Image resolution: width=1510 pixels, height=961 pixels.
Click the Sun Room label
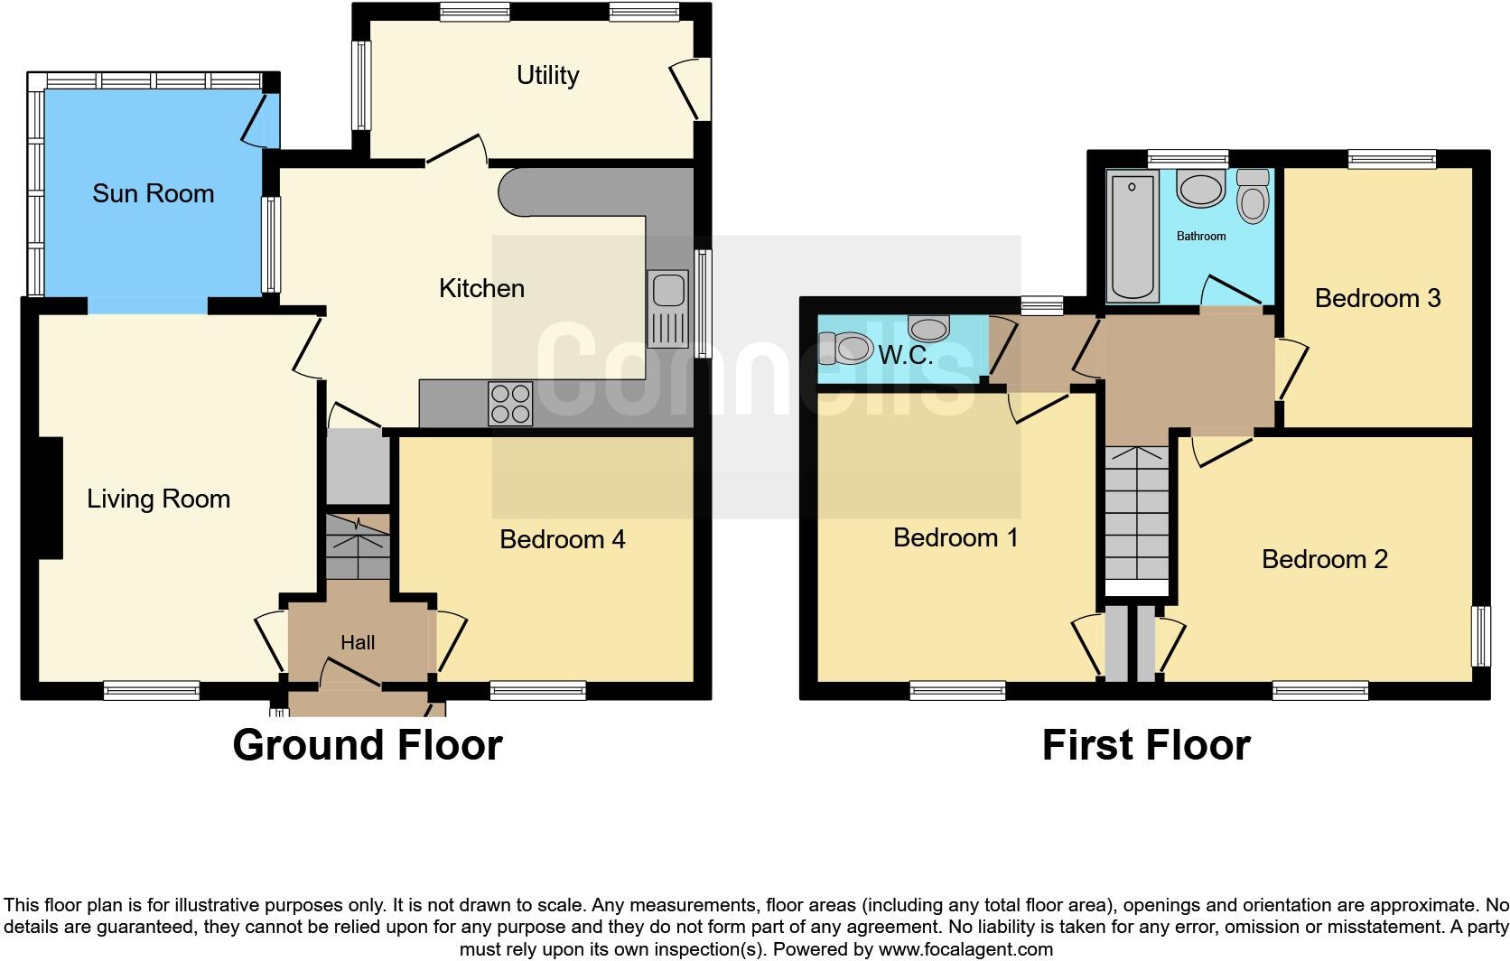click(153, 193)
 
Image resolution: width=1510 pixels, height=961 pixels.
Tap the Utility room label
click(547, 75)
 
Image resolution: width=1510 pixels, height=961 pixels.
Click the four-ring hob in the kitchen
click(510, 404)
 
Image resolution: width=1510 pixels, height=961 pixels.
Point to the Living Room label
click(158, 499)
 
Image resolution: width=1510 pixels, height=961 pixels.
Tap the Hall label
click(358, 643)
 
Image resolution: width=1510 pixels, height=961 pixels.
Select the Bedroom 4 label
click(562, 539)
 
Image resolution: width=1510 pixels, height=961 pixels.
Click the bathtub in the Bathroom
click(1132, 237)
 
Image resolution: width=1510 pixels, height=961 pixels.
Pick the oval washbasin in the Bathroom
click(1200, 191)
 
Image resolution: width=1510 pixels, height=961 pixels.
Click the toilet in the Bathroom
click(1253, 196)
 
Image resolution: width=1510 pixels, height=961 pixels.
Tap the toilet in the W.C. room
click(844, 347)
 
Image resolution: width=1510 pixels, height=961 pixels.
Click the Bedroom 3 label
click(1376, 298)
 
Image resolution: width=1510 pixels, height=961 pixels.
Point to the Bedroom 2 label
click(1324, 559)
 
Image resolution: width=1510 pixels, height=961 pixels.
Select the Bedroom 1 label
click(955, 537)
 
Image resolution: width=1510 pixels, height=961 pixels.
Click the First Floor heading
click(1145, 745)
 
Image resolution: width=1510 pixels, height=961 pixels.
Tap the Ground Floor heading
click(367, 745)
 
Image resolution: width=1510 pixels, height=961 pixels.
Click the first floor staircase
click(1136, 515)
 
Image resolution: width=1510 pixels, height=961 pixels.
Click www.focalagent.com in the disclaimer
click(965, 949)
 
